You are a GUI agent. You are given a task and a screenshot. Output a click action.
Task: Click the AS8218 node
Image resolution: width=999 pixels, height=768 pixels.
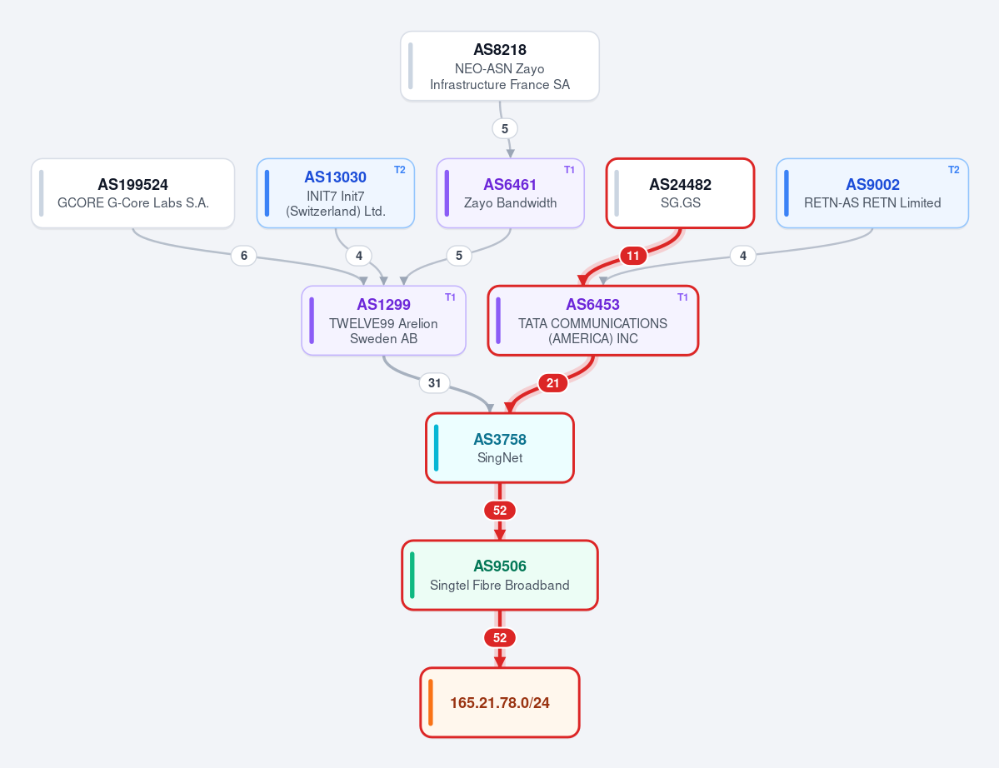[x=500, y=67]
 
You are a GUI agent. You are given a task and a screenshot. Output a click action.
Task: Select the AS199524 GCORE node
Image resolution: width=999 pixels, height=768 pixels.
[x=133, y=193]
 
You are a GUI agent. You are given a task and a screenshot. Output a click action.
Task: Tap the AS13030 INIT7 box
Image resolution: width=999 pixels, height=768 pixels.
[x=336, y=193]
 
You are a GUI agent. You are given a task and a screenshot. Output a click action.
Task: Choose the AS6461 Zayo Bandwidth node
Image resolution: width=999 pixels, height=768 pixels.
[x=510, y=193]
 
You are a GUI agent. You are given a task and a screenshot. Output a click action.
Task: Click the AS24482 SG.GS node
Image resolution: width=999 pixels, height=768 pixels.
[x=681, y=193]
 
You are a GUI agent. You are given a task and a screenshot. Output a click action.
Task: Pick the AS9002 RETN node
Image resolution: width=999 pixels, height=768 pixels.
[x=872, y=193]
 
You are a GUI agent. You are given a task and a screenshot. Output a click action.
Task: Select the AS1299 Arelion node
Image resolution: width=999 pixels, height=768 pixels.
[x=383, y=321]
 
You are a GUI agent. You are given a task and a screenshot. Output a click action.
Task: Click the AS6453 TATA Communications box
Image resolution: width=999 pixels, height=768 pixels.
[x=593, y=321]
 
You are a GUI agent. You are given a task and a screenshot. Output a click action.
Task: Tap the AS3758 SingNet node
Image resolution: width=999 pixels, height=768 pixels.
[x=500, y=447]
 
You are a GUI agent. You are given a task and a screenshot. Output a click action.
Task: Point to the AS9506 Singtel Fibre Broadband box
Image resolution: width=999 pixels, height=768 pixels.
[x=500, y=575]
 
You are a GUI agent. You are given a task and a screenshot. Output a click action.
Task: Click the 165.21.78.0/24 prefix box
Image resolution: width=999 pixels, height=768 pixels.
[x=500, y=702]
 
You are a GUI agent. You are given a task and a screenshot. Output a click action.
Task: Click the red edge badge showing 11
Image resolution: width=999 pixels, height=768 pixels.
[x=632, y=256]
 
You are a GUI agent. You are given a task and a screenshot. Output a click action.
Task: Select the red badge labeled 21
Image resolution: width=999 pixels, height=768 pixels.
[x=553, y=383]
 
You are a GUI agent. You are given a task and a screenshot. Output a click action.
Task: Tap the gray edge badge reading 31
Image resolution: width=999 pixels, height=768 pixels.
[x=435, y=383]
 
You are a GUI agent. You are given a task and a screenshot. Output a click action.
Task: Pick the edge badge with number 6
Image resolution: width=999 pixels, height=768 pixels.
[x=244, y=256]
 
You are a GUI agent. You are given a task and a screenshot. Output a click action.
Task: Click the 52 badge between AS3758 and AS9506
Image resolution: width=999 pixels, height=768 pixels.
[x=500, y=511]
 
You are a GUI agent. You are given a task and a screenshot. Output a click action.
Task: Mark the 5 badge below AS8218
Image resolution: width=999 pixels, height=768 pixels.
[x=505, y=128]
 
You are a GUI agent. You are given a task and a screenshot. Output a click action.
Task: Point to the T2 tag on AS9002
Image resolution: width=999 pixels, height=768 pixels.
[x=954, y=170]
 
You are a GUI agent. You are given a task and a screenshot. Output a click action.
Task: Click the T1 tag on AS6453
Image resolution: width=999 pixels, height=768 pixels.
[x=682, y=297]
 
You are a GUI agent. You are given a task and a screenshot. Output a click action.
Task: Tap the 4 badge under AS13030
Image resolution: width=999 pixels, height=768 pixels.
[x=359, y=256]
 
